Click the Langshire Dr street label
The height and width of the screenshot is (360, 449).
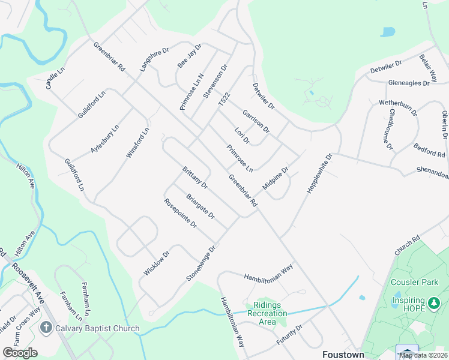152,59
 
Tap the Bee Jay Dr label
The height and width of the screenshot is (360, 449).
189,55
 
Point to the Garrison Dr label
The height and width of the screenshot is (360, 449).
256,122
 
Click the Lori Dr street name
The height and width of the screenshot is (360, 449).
242,136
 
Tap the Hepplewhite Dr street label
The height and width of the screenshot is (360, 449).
319,174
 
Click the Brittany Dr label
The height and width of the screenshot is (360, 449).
194,177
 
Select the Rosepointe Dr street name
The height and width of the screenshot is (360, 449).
180,213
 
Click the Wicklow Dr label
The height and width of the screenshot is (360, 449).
157,263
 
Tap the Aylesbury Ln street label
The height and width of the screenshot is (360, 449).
105,140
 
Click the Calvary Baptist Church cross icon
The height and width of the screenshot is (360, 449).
46,328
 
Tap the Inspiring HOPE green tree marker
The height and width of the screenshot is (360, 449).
434,304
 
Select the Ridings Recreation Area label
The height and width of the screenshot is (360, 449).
268,313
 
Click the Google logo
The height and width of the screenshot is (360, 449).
20,353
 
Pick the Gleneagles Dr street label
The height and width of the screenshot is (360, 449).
409,83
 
